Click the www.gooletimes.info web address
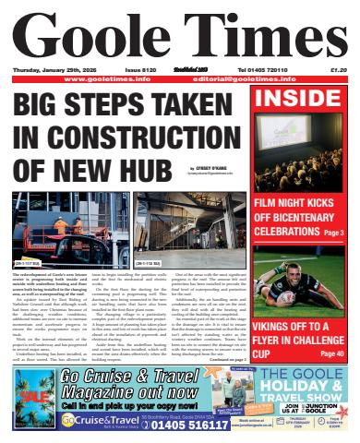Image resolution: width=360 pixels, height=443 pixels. [x=101, y=79]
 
